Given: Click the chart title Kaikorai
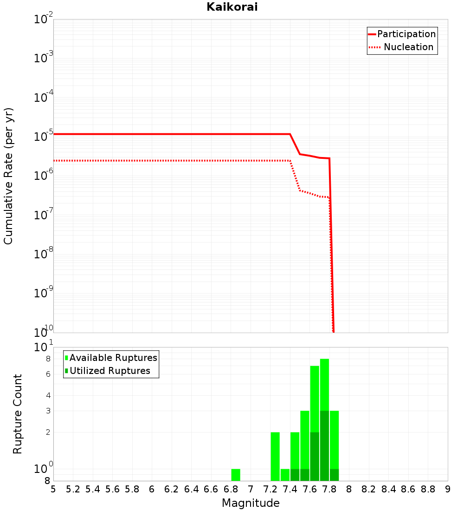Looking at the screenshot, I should pos(232,7).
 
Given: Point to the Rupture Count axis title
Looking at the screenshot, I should pos(18,414).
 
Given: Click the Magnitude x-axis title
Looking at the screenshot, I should pos(251,503).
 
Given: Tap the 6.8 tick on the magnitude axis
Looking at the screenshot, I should pos(231,489).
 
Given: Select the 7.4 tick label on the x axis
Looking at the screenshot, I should pos(290,489).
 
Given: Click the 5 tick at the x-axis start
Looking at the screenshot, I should pos(53,489).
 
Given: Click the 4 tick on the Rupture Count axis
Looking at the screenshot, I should pos(47,395).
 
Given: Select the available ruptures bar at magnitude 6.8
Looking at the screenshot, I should pos(236,475).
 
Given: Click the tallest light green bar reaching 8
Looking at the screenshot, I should pos(324,386).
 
